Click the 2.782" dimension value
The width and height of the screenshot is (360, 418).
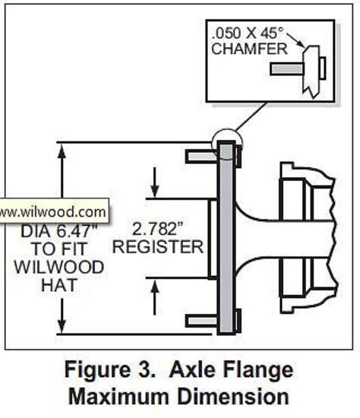tap(157, 228)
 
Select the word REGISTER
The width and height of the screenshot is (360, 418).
tap(157, 246)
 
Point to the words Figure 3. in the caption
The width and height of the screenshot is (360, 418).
tap(112, 372)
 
